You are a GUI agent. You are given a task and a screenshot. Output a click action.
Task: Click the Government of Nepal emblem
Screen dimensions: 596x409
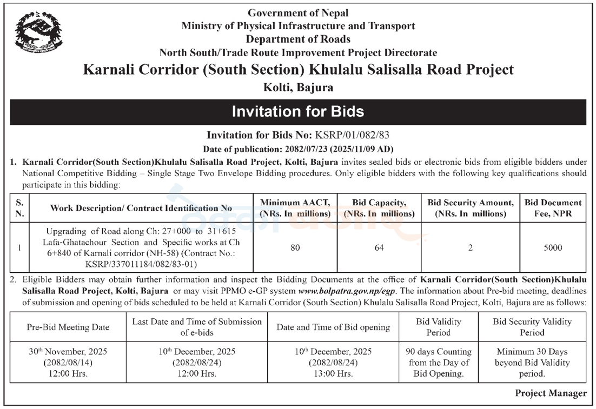pyautogui.click(x=38, y=32)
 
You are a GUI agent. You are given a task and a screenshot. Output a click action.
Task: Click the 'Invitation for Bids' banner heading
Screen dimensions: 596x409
pyautogui.click(x=298, y=112)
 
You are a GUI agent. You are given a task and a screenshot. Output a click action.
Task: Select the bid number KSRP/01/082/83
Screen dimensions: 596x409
pyautogui.click(x=352, y=135)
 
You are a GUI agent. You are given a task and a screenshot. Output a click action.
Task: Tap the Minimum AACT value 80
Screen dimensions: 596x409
pyautogui.click(x=295, y=248)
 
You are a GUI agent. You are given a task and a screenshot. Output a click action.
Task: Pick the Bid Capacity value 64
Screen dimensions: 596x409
pyautogui.click(x=379, y=248)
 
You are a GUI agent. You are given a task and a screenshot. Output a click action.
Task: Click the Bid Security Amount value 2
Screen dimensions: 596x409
pyautogui.click(x=470, y=248)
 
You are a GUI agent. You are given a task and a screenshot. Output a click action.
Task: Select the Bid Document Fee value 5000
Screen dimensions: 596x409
pyautogui.click(x=553, y=247)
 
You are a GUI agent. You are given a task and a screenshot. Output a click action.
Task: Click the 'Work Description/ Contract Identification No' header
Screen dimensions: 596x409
pyautogui.click(x=141, y=208)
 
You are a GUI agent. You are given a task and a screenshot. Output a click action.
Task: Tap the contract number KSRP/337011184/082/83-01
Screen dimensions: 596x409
pyautogui.click(x=141, y=264)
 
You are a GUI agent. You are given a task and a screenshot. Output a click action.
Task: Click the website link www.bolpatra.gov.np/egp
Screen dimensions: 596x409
pyautogui.click(x=347, y=291)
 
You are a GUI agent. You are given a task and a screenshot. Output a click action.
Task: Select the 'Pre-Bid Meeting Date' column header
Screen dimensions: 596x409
pyautogui.click(x=68, y=327)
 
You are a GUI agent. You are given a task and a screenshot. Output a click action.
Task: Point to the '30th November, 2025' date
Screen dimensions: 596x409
pyautogui.click(x=68, y=352)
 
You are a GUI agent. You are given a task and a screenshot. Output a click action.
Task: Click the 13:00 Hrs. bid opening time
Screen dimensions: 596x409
pyautogui.click(x=333, y=374)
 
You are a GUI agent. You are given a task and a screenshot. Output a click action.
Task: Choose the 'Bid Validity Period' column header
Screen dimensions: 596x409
pyautogui.click(x=438, y=327)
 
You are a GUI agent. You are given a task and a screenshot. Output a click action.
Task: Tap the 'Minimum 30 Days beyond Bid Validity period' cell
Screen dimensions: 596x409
pyautogui.click(x=532, y=363)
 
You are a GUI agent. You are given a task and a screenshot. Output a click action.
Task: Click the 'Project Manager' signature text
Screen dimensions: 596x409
pyautogui.click(x=551, y=393)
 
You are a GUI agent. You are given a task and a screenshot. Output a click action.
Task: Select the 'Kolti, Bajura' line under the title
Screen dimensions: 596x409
pyautogui.click(x=299, y=88)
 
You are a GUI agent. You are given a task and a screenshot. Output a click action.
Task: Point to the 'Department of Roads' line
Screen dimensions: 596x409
pyautogui.click(x=298, y=39)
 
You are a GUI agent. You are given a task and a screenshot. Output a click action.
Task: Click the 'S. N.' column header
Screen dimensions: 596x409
pyautogui.click(x=20, y=208)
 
